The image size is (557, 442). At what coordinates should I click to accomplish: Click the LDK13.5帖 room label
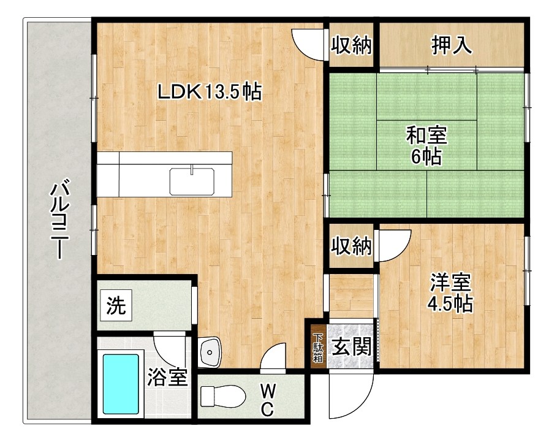(210, 92)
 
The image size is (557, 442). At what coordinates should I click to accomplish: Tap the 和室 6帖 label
(426, 145)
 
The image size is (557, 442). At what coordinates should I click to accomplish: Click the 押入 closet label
(452, 46)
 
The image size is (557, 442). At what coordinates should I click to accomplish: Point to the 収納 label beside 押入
(352, 46)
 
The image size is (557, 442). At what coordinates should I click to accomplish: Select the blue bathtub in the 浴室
(121, 384)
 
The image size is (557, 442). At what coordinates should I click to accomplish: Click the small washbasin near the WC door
(210, 352)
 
